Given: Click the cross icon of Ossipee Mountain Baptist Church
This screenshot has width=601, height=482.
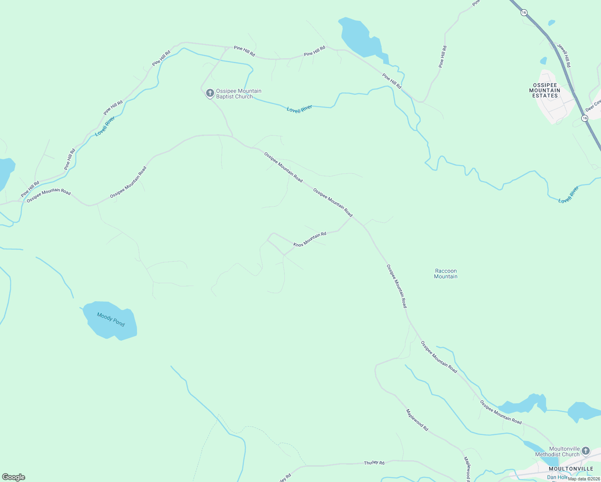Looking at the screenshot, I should pyautogui.click(x=209, y=93).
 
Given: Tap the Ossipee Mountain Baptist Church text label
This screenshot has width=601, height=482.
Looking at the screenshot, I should pyautogui.click(x=239, y=94).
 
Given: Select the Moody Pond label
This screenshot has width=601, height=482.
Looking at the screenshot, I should pyautogui.click(x=111, y=320).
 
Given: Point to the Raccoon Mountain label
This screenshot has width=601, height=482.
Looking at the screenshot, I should pyautogui.click(x=446, y=274).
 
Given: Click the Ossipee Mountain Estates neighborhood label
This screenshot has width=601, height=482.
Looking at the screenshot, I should pyautogui.click(x=545, y=90).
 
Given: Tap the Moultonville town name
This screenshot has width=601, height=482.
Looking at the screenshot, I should pyautogui.click(x=571, y=469).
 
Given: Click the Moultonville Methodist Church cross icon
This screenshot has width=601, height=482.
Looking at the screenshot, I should pyautogui.click(x=586, y=451).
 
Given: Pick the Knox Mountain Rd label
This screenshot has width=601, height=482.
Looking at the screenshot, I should pyautogui.click(x=310, y=239).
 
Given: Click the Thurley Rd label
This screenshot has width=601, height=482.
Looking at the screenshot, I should pyautogui.click(x=374, y=463).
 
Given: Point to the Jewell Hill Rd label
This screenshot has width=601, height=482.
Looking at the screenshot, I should pyautogui.click(x=564, y=55).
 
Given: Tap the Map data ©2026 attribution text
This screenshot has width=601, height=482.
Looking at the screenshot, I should pyautogui.click(x=584, y=479).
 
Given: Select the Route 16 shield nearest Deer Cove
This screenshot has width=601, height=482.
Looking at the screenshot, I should pyautogui.click(x=585, y=118).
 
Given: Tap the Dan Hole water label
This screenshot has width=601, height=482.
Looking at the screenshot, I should pyautogui.click(x=557, y=477).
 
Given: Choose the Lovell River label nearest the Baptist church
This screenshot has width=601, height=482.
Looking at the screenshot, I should pyautogui.click(x=300, y=109).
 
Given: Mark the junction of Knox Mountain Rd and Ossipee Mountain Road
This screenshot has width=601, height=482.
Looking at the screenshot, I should pyautogui.click(x=352, y=217).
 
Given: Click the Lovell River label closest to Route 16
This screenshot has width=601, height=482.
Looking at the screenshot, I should pyautogui.click(x=568, y=194).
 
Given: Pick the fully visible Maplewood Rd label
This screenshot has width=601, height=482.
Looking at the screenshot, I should pyautogui.click(x=417, y=420).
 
